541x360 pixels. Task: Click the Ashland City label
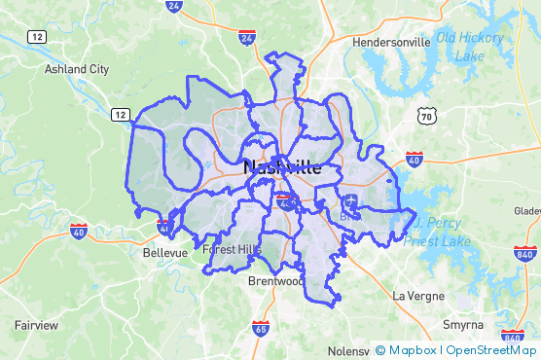[77, 69]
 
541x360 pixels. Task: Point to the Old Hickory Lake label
[473, 47]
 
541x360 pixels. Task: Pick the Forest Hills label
[233, 250]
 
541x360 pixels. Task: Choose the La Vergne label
[418, 295]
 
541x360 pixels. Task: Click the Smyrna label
[464, 324]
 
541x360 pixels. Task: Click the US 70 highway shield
[426, 117]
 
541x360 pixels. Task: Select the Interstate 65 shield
[260, 329]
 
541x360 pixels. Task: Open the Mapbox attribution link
[413, 349]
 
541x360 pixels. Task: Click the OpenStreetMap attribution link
[491, 349]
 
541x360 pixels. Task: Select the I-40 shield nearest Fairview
[79, 232]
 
